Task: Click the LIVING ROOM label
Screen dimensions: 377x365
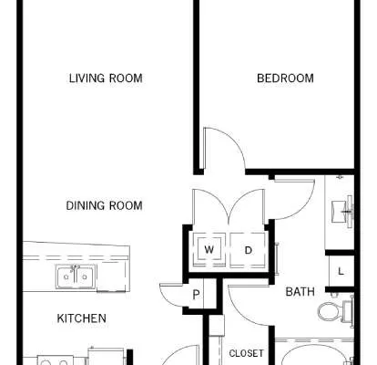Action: pos(106,78)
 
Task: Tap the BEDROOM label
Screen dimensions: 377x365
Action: pos(285,78)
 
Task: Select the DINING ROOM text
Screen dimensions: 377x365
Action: pos(104,205)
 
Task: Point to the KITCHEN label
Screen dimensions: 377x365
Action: pos(82,318)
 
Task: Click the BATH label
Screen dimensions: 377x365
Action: pos(301,292)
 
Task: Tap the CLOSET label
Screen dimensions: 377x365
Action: pos(246,353)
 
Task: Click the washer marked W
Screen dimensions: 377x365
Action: pos(209,250)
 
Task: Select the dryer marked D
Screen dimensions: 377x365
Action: pos(248,250)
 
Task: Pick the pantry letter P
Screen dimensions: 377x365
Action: pos(196,295)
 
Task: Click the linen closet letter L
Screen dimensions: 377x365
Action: pos(341,271)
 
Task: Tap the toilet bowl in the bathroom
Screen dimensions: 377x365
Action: pos(330,311)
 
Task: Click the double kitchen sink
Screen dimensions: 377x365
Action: pos(76,276)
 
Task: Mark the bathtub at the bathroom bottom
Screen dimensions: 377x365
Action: pos(316,353)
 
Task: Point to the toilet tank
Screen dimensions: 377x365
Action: pos(348,311)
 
